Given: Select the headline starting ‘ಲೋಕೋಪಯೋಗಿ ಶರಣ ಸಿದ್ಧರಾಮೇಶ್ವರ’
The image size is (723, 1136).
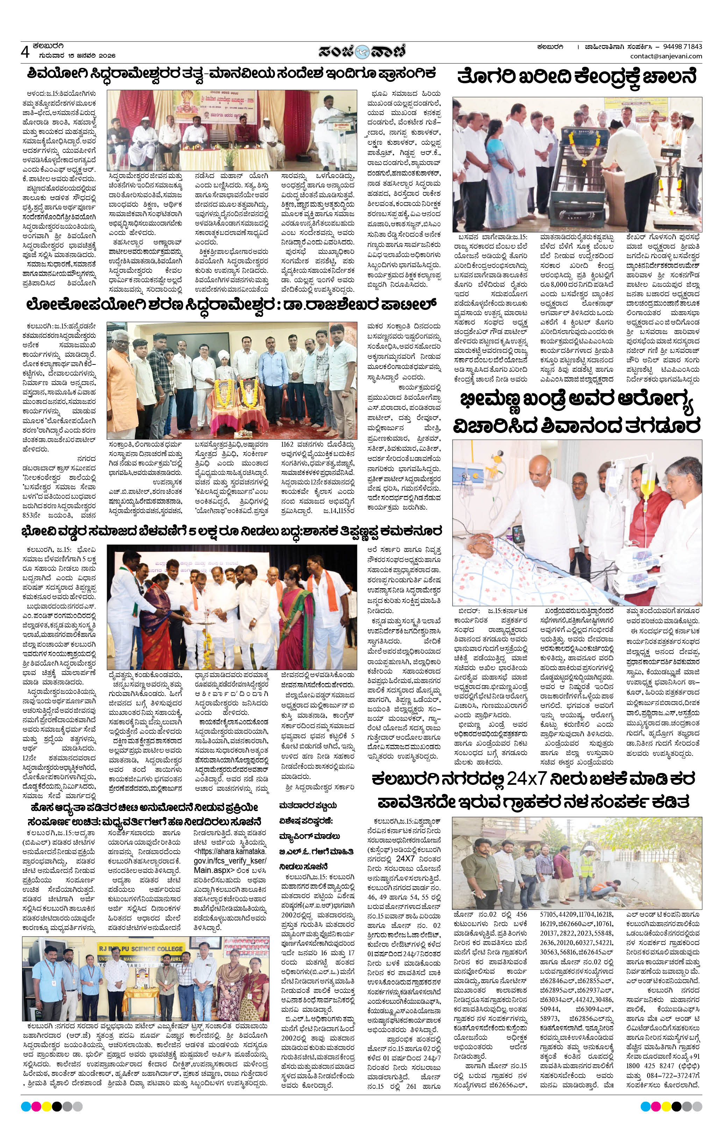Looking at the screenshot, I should coord(231,304).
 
